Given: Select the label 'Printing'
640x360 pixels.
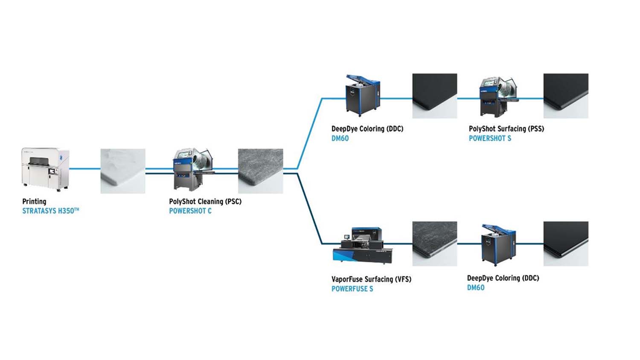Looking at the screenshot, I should pos(34,201).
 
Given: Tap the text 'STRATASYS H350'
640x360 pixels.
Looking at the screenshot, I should pos(50,211).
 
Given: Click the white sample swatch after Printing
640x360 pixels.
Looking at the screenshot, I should pos(123,171).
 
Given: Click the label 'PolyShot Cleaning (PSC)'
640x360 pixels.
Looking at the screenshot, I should pos(205,201).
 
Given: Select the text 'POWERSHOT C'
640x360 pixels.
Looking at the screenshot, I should pos(190,211).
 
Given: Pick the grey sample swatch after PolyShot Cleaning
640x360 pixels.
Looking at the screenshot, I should pos(260,171).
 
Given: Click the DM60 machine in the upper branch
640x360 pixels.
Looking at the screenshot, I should pos(362,96).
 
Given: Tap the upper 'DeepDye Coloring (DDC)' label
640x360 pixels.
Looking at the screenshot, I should pos(367,129).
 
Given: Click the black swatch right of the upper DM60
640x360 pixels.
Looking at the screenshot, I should pos(434,96).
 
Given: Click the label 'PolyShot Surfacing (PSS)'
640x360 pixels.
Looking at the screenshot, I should pos(506,129).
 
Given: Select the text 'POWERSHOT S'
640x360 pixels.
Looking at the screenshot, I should pos(490,138).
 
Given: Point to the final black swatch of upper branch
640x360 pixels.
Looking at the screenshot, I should pos(565,96).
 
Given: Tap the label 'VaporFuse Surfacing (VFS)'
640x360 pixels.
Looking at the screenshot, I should pos(371,279).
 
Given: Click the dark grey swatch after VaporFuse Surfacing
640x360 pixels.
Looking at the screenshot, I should pos(434,244).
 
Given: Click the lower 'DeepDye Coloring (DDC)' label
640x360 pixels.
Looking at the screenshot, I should pos(503,278).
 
